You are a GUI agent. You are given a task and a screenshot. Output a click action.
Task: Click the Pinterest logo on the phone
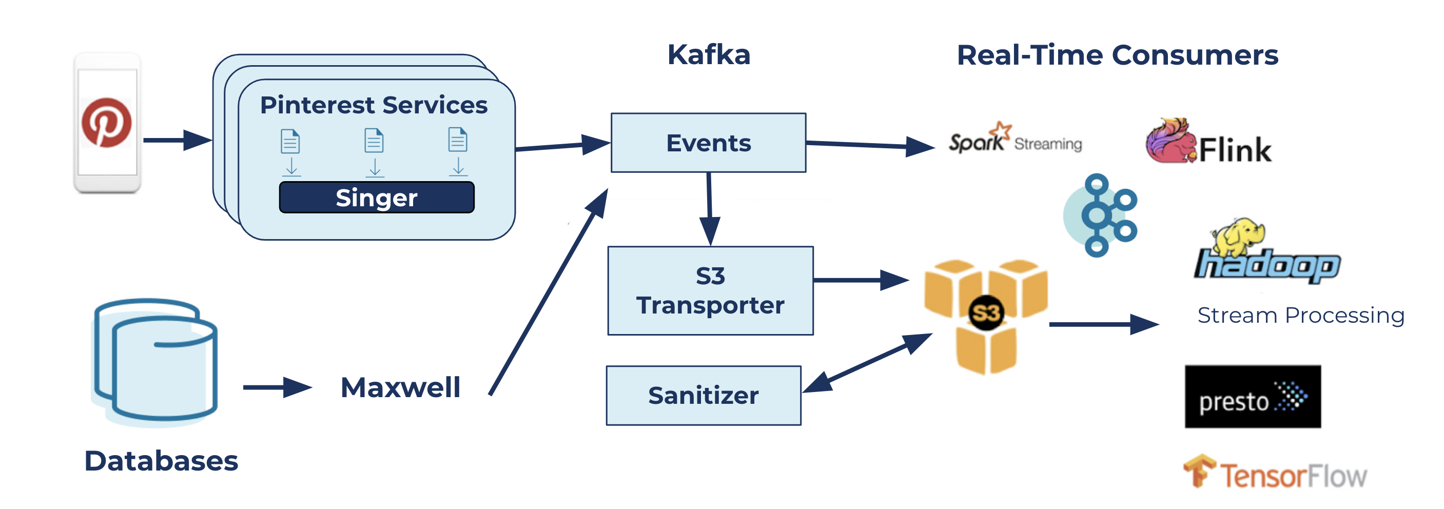[107, 122]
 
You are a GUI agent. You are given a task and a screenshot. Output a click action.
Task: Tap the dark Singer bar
[376, 198]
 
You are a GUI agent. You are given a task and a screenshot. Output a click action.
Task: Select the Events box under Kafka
[708, 143]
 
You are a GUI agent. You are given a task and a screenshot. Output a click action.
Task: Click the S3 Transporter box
[710, 290]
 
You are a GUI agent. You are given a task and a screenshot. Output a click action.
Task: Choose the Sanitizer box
[703, 395]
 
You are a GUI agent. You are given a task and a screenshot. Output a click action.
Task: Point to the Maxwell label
[400, 387]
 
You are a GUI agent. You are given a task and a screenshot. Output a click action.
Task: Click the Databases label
[161, 461]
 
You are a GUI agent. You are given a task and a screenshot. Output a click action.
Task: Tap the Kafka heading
[709, 55]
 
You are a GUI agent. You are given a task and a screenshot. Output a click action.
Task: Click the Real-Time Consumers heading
[1117, 55]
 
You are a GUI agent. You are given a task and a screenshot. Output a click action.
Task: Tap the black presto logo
[1252, 396]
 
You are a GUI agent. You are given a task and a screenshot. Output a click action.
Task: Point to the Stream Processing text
[1300, 315]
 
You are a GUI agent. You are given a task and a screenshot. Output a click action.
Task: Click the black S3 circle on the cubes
[985, 313]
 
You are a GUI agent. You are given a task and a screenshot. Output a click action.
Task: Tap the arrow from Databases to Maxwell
[277, 387]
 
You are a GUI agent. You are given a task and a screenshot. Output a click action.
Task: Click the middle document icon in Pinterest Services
[374, 140]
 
